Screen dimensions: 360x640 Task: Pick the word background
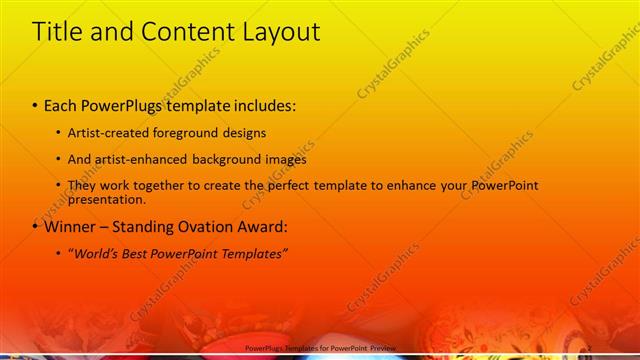coord(222,159)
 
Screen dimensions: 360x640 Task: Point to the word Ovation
coord(207,226)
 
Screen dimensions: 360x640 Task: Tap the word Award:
coord(264,226)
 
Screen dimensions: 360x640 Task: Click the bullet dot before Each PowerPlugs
coord(36,106)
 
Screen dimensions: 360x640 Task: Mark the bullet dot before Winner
coord(36,227)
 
